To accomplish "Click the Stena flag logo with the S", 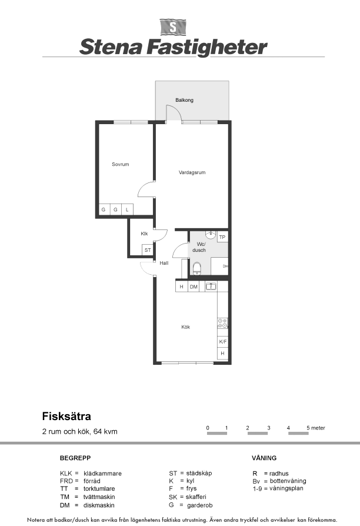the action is (x=173, y=27).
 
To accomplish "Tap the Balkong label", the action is (x=184, y=100).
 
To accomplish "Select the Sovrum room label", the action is (x=121, y=164).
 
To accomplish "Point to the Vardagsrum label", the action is (x=192, y=172).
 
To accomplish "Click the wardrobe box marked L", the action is (x=127, y=209).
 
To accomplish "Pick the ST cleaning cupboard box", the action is (x=148, y=250).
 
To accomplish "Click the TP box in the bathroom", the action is (x=222, y=237).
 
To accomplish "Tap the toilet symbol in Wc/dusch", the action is (x=197, y=269).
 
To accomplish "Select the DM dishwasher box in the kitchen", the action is (x=194, y=287).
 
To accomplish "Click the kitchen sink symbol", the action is (x=211, y=287).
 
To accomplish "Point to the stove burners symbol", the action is (x=222, y=323).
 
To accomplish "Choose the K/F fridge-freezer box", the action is (x=223, y=342).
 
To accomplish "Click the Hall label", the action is (x=164, y=263).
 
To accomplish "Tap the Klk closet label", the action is (x=144, y=234).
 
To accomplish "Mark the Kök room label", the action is (x=185, y=327).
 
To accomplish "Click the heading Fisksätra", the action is (x=66, y=417).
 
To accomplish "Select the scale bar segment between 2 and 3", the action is (x=258, y=434).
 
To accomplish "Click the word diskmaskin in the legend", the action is (x=99, y=505).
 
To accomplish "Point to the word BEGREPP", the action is (x=75, y=458).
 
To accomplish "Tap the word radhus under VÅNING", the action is (x=279, y=474).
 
